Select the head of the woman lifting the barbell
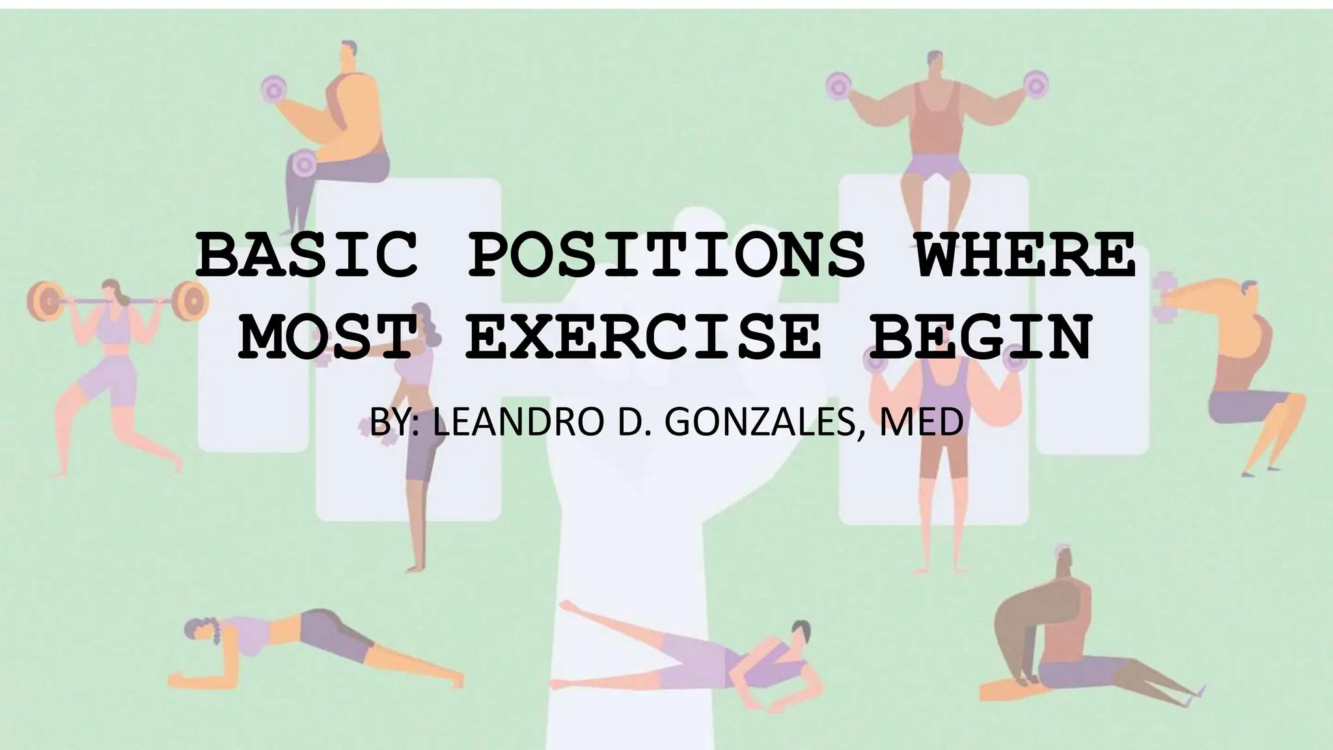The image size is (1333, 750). click(111, 290)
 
